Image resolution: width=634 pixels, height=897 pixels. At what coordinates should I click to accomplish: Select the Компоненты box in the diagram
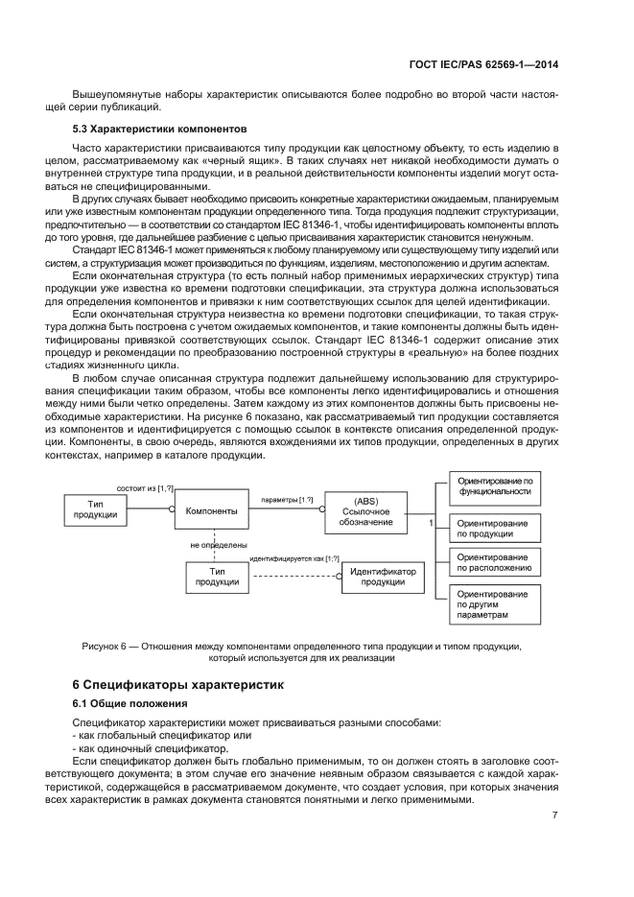pos(211,511)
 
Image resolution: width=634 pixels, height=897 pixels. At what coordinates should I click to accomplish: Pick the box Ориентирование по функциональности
pos(495,485)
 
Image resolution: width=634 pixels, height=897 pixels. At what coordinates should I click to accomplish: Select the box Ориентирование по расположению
pos(495,561)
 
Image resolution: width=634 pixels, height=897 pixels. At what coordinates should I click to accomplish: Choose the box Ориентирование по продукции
pos(495,527)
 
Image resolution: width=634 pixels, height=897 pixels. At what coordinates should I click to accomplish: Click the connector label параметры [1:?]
pos(286,500)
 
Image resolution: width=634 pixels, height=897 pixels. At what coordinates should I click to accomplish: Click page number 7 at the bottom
pos(554,815)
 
